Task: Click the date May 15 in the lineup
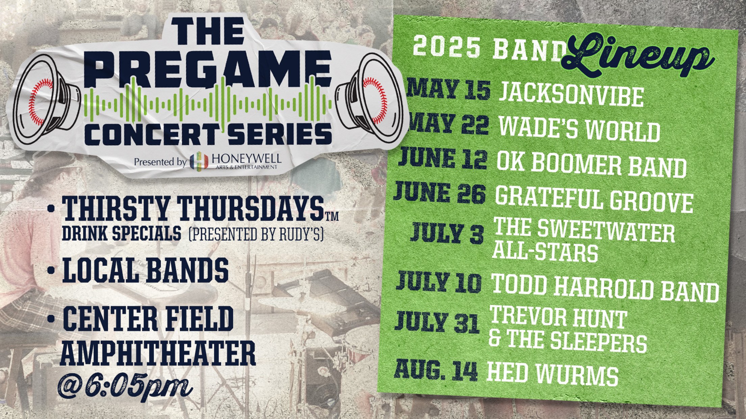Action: pos(449,89)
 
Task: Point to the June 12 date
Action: pos(443,159)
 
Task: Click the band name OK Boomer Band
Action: pos(592,166)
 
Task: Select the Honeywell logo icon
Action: pos(199,161)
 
